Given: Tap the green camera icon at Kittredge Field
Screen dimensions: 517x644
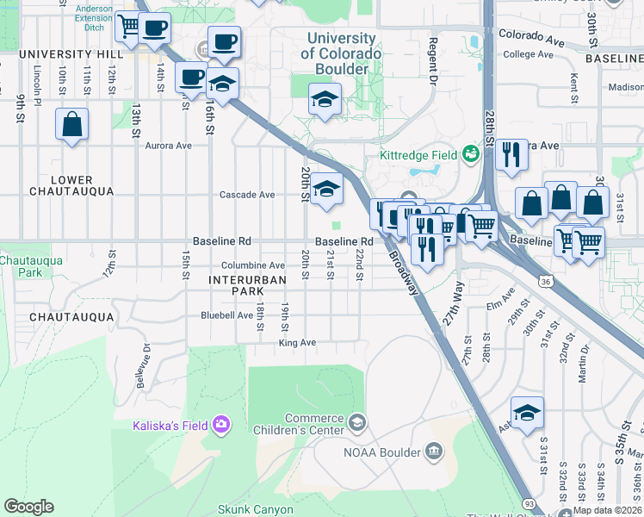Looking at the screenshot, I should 470,154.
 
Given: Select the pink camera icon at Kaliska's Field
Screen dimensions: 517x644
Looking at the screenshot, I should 222,424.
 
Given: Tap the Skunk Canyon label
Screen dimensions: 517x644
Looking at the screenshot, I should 255,509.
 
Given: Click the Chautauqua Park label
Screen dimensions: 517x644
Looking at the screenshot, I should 21,265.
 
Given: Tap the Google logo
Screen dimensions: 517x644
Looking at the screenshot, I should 28,507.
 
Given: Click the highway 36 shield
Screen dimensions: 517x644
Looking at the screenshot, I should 544,281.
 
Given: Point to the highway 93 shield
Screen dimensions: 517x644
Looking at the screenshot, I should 528,503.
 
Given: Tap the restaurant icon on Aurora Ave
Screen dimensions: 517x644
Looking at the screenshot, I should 511,155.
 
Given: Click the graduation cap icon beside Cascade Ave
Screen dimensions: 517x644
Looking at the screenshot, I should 326,191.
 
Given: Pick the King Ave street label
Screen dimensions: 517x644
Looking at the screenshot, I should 297,343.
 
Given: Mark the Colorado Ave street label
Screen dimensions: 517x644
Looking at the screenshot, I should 530,37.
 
